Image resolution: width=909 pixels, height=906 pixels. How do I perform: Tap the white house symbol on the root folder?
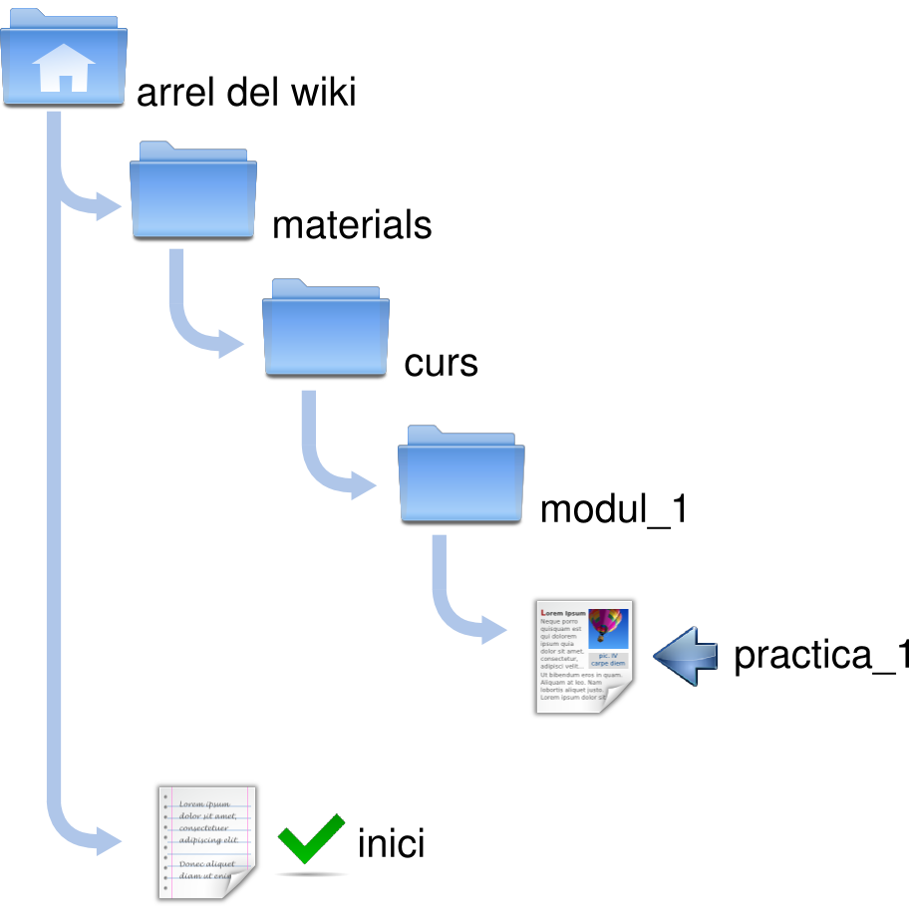63,71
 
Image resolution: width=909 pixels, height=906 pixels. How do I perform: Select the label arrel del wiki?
245,93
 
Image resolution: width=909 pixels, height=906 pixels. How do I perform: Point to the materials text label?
352,225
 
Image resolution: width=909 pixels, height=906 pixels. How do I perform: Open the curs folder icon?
326,330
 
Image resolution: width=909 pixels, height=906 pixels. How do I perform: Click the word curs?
441,363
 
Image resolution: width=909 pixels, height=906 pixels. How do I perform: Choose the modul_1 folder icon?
461,474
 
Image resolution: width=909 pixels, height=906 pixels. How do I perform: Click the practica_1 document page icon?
583,656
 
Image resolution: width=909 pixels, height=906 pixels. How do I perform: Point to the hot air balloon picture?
607,627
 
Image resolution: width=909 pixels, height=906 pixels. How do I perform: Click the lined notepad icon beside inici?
206,842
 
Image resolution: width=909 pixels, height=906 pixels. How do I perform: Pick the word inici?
391,844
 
